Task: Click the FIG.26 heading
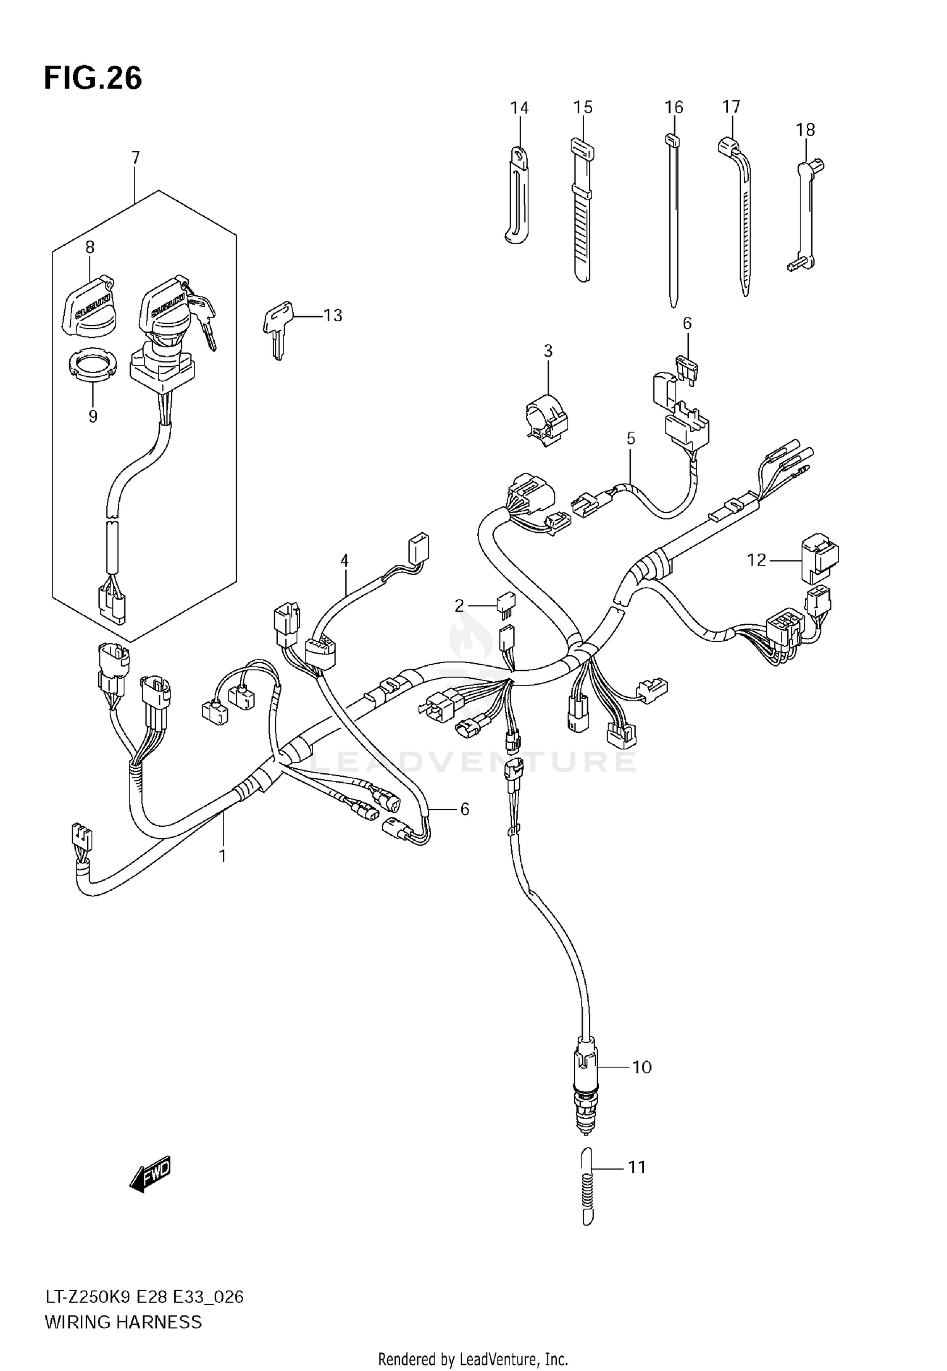(x=93, y=79)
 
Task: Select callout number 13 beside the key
(x=333, y=315)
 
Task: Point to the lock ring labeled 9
(x=93, y=367)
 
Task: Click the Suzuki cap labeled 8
(x=88, y=305)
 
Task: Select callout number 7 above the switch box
(x=135, y=157)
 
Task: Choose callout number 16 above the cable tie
(x=674, y=107)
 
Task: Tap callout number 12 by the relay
(x=756, y=559)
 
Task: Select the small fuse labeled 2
(x=506, y=603)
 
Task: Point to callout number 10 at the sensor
(x=641, y=1067)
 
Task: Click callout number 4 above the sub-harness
(x=344, y=560)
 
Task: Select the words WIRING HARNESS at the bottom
(x=123, y=1322)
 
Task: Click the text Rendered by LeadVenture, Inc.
(x=473, y=1358)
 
